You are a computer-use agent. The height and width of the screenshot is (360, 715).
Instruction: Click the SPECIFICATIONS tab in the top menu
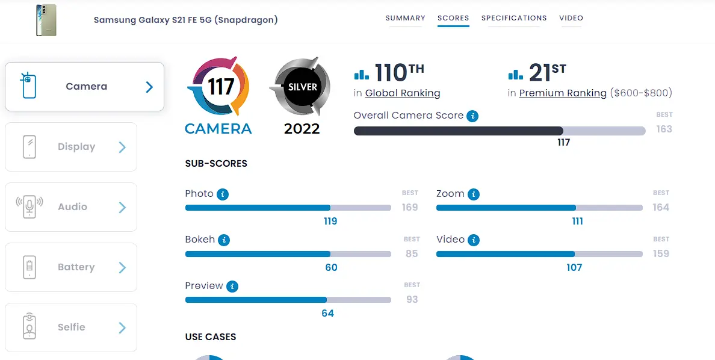[514, 18]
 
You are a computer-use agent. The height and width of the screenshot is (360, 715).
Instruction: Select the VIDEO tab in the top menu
[571, 18]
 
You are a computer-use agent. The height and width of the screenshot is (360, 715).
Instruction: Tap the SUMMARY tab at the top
[406, 18]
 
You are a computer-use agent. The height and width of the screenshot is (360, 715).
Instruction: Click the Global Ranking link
[403, 93]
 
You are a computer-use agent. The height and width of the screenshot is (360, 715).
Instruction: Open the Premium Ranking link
[563, 93]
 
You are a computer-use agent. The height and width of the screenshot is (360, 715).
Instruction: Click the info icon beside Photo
[223, 194]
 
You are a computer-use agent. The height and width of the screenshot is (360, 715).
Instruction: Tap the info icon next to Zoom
[474, 194]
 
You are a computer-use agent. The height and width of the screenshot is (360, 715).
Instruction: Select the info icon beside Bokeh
[223, 240]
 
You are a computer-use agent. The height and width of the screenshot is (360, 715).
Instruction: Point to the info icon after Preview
[232, 287]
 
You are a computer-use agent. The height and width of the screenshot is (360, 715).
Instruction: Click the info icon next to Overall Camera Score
[472, 116]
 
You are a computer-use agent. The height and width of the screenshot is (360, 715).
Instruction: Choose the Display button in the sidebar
[70, 147]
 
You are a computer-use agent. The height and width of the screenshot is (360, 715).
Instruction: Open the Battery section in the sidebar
[70, 267]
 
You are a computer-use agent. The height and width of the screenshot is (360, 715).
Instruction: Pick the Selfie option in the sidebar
[70, 327]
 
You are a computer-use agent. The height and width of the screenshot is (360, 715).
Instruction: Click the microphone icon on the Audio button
[29, 206]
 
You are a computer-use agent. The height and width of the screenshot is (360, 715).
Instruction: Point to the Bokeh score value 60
[331, 267]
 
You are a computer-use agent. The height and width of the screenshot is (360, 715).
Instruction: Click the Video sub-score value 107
[574, 267]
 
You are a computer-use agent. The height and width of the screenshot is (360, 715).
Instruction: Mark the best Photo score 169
[409, 208]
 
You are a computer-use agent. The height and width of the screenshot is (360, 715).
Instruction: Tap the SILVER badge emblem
[301, 87]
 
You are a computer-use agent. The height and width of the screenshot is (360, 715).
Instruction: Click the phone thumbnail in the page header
[46, 20]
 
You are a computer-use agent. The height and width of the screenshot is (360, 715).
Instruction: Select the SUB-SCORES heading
[216, 164]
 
